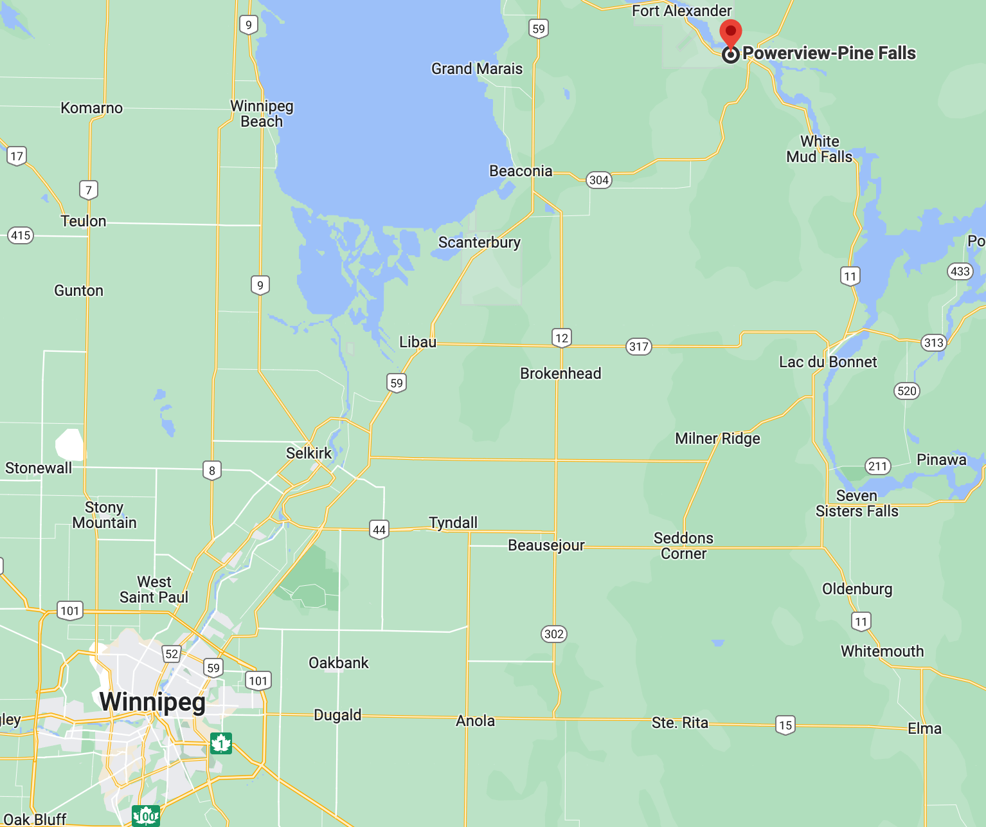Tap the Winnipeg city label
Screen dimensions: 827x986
point(152,702)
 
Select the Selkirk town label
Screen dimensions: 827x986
point(309,453)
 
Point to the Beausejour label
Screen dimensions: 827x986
point(546,545)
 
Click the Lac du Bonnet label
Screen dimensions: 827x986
point(827,362)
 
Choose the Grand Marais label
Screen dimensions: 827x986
point(476,69)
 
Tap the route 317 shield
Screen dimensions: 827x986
point(638,347)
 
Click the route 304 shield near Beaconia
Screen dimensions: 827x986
point(598,180)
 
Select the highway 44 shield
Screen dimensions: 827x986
point(379,530)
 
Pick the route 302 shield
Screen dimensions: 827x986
point(553,634)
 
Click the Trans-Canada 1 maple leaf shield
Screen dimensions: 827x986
point(220,743)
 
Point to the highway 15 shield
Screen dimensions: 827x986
point(785,725)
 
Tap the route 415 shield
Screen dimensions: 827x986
point(21,235)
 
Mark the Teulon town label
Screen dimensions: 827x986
point(83,221)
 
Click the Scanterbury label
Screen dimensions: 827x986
point(479,242)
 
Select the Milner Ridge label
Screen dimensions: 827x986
point(717,439)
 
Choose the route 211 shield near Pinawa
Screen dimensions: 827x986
point(877,466)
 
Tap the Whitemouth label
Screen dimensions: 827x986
point(882,651)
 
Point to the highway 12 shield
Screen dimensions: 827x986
point(561,338)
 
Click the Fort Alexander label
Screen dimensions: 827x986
point(681,11)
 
